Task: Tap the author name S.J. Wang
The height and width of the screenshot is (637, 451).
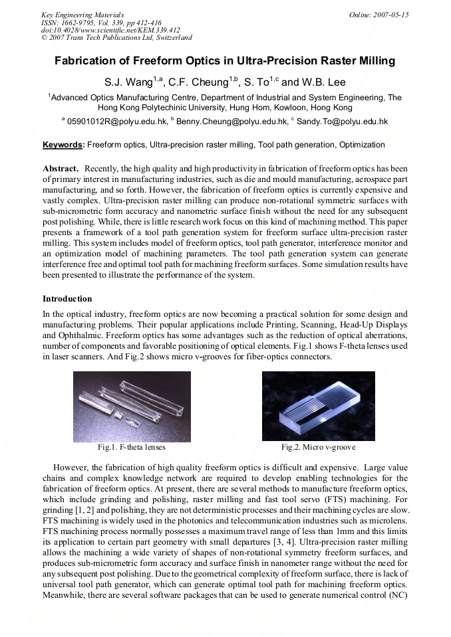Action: pyautogui.click(x=128, y=83)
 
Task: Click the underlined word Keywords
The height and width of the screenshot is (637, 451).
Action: pyautogui.click(x=63, y=145)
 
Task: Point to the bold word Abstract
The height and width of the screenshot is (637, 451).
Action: pyautogui.click(x=61, y=169)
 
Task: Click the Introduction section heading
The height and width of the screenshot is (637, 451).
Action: pyautogui.click(x=67, y=299)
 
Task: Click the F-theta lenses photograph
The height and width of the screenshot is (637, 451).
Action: pyautogui.click(x=132, y=407)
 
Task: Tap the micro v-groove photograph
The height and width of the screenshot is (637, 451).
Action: pyautogui.click(x=320, y=405)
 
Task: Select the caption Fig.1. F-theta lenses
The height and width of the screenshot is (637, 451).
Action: pyautogui.click(x=132, y=447)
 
